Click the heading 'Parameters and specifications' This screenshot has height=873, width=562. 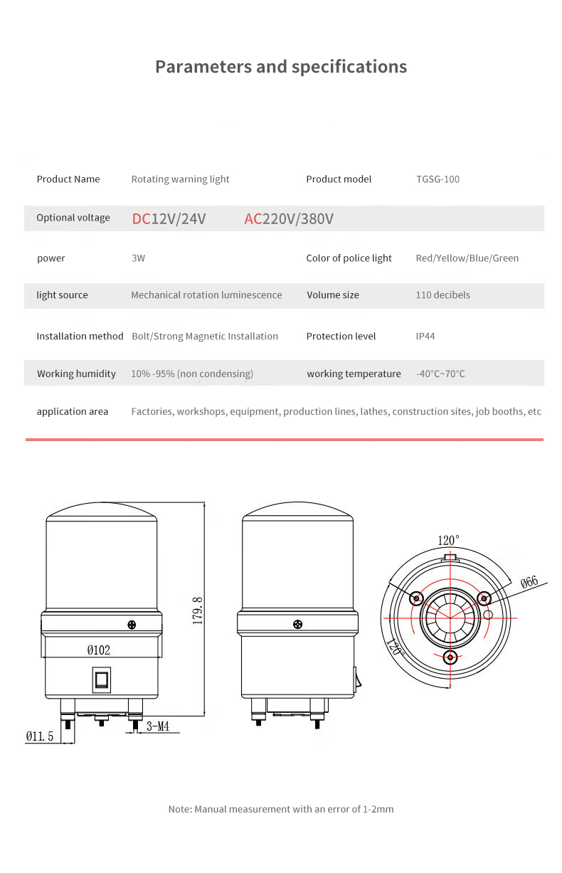coord(281,67)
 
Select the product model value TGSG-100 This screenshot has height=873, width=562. coord(438,179)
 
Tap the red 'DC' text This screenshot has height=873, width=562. coord(141,218)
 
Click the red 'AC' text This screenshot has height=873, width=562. coord(253,218)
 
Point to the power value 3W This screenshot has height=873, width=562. coord(138,258)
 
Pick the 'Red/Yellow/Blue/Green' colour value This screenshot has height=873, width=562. coord(467,258)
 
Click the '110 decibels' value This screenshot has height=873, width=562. coord(442,295)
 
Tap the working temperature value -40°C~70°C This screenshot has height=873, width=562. coord(440,374)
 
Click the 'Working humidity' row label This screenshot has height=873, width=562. coord(76,374)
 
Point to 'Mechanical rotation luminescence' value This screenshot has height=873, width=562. coord(206,295)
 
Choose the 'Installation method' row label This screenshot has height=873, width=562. coord(80,337)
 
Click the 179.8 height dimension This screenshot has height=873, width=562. coord(198,610)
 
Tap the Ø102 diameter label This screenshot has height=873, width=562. coord(98,650)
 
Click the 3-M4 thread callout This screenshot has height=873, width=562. coord(158,727)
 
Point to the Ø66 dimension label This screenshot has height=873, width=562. coord(529,582)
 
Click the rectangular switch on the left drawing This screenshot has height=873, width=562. coord(101,680)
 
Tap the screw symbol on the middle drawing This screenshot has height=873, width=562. coord(297,625)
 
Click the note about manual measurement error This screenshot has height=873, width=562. coord(281,810)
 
